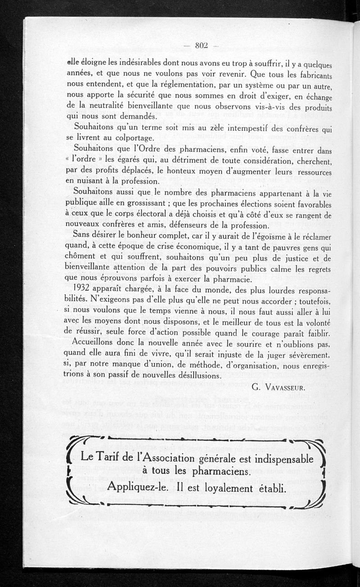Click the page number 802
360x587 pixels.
[201, 44]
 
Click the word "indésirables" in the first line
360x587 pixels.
[119, 63]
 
